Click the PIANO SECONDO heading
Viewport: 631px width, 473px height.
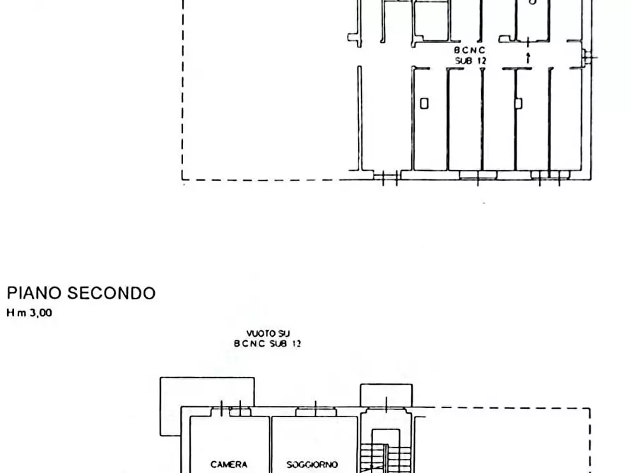pos(81,294)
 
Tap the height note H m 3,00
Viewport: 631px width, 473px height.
pos(29,313)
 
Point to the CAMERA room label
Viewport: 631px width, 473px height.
pos(228,465)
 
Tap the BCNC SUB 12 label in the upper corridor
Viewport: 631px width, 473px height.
pos(470,56)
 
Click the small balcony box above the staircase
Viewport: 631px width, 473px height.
pos(386,395)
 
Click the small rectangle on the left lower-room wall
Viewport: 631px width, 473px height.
pos(424,104)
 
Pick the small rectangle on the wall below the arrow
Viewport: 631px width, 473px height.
pos(518,103)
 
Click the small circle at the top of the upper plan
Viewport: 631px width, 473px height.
pos(532,3)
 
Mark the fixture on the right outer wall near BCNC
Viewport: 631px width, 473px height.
pos(584,57)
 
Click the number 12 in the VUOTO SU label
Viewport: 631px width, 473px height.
pos(297,344)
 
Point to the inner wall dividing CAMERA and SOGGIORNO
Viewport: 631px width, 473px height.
pos(271,445)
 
